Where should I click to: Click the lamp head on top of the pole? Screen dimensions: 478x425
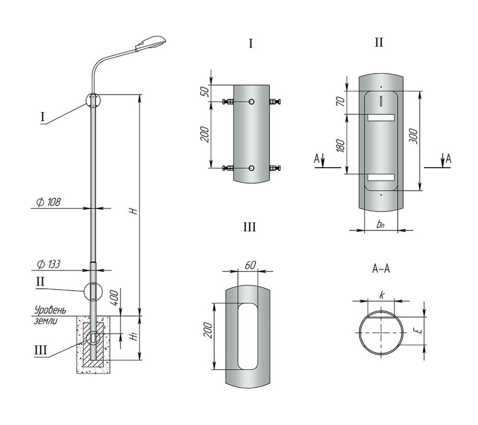(x=151, y=43)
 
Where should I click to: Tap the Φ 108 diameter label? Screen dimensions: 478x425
(x=48, y=202)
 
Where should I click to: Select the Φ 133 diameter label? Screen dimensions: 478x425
(x=48, y=264)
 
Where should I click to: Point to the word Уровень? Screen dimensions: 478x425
(x=50, y=310)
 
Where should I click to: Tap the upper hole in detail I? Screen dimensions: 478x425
(x=252, y=102)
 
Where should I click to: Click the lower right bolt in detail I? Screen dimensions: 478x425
(x=275, y=168)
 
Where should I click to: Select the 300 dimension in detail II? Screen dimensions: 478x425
(x=413, y=136)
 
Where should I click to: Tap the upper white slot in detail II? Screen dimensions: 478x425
(x=381, y=117)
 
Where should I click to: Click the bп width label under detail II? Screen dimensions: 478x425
(x=380, y=225)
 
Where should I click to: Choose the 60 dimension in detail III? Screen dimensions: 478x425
(x=250, y=265)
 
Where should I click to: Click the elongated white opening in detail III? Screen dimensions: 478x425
(x=247, y=336)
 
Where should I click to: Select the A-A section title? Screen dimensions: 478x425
(x=381, y=269)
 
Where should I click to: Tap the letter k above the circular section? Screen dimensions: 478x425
(x=381, y=295)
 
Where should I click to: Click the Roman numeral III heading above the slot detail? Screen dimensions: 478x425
(x=250, y=227)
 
